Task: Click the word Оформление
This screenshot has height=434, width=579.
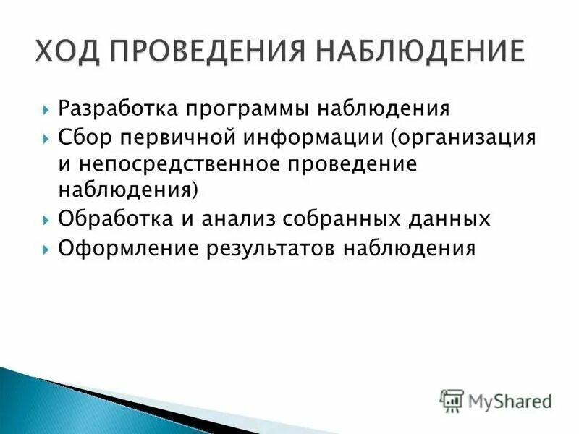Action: [127, 249]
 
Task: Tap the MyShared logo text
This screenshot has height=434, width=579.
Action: [509, 400]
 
